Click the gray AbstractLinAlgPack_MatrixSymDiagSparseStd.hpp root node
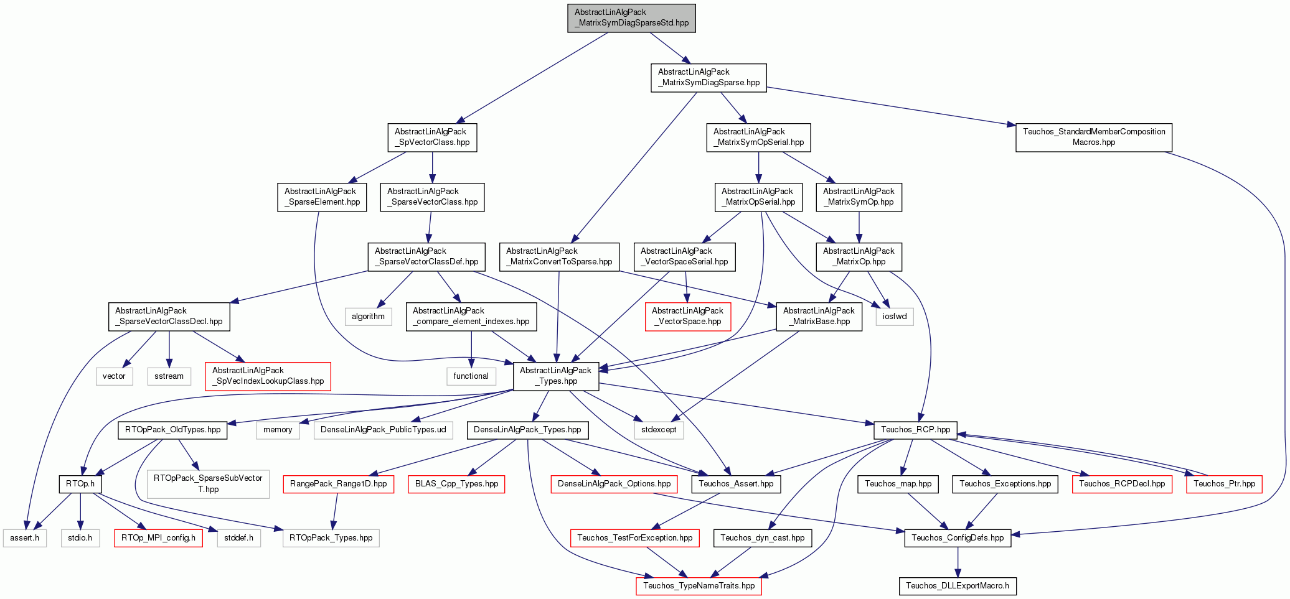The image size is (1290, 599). click(x=631, y=18)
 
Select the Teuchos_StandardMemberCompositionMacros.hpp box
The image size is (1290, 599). click(x=1094, y=137)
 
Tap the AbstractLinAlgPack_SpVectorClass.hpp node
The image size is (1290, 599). click(x=432, y=137)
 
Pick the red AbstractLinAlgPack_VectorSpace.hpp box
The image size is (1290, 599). click(x=687, y=317)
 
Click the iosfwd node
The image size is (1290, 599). click(x=895, y=317)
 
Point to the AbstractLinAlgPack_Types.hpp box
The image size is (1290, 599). click(x=556, y=376)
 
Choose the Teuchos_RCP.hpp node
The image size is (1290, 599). click(x=916, y=430)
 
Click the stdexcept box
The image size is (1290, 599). click(x=659, y=430)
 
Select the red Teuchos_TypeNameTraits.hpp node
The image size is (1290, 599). click(x=699, y=586)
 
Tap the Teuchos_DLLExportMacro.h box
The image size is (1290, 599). click(x=958, y=586)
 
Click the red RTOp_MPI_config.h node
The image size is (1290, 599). click(x=158, y=538)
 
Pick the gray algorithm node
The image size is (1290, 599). click(x=369, y=317)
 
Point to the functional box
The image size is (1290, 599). click(x=471, y=376)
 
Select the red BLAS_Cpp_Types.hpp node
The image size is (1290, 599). click(x=456, y=484)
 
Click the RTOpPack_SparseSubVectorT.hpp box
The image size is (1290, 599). click(x=208, y=484)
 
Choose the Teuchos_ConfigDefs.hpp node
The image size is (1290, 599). click(x=958, y=538)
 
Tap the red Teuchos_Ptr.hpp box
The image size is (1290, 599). click(x=1225, y=484)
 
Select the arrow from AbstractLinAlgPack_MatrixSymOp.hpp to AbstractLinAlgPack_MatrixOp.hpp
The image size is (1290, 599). click(x=859, y=227)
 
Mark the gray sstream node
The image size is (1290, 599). click(x=169, y=376)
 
